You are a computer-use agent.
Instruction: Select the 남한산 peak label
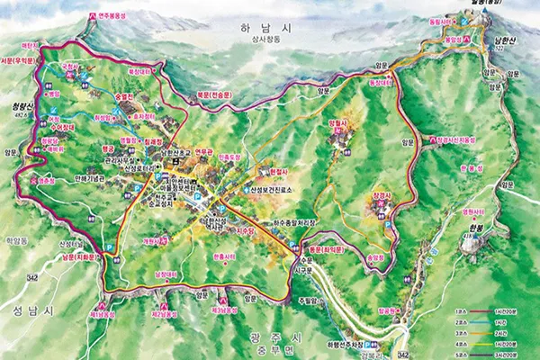(x=502, y=40)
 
